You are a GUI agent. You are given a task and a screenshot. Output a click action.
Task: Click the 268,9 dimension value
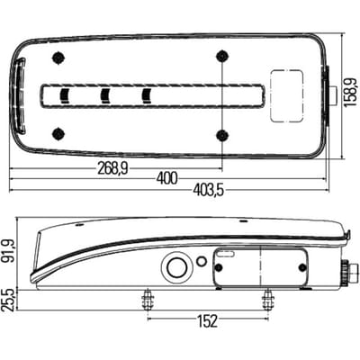[112, 169]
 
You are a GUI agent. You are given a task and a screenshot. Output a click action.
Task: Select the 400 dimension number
[167, 179]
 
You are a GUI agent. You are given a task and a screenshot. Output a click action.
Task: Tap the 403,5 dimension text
[208, 190]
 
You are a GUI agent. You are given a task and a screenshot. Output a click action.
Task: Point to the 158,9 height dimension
[350, 92]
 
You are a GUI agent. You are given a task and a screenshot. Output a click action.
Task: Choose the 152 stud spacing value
[207, 321]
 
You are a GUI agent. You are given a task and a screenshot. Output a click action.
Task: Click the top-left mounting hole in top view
[58, 58]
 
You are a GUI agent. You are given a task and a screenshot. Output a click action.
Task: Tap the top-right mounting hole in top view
[222, 56]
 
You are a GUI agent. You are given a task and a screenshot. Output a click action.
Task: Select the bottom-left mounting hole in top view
[58, 133]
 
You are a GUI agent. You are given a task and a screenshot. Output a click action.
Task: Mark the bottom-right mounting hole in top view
[222, 135]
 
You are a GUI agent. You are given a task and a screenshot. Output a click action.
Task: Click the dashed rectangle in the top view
[287, 96]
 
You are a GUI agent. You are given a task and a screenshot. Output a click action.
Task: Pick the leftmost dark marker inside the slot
[65, 96]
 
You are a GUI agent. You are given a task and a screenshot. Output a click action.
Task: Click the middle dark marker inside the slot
[105, 96]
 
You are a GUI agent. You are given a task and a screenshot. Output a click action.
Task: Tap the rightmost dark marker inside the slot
[146, 96]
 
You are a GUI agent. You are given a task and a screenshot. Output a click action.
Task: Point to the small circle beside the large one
[202, 261]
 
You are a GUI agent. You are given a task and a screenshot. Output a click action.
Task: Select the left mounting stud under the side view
[148, 301]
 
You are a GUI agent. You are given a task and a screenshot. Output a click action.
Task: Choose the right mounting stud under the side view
[268, 301]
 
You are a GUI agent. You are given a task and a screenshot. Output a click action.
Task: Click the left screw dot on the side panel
[219, 267]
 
